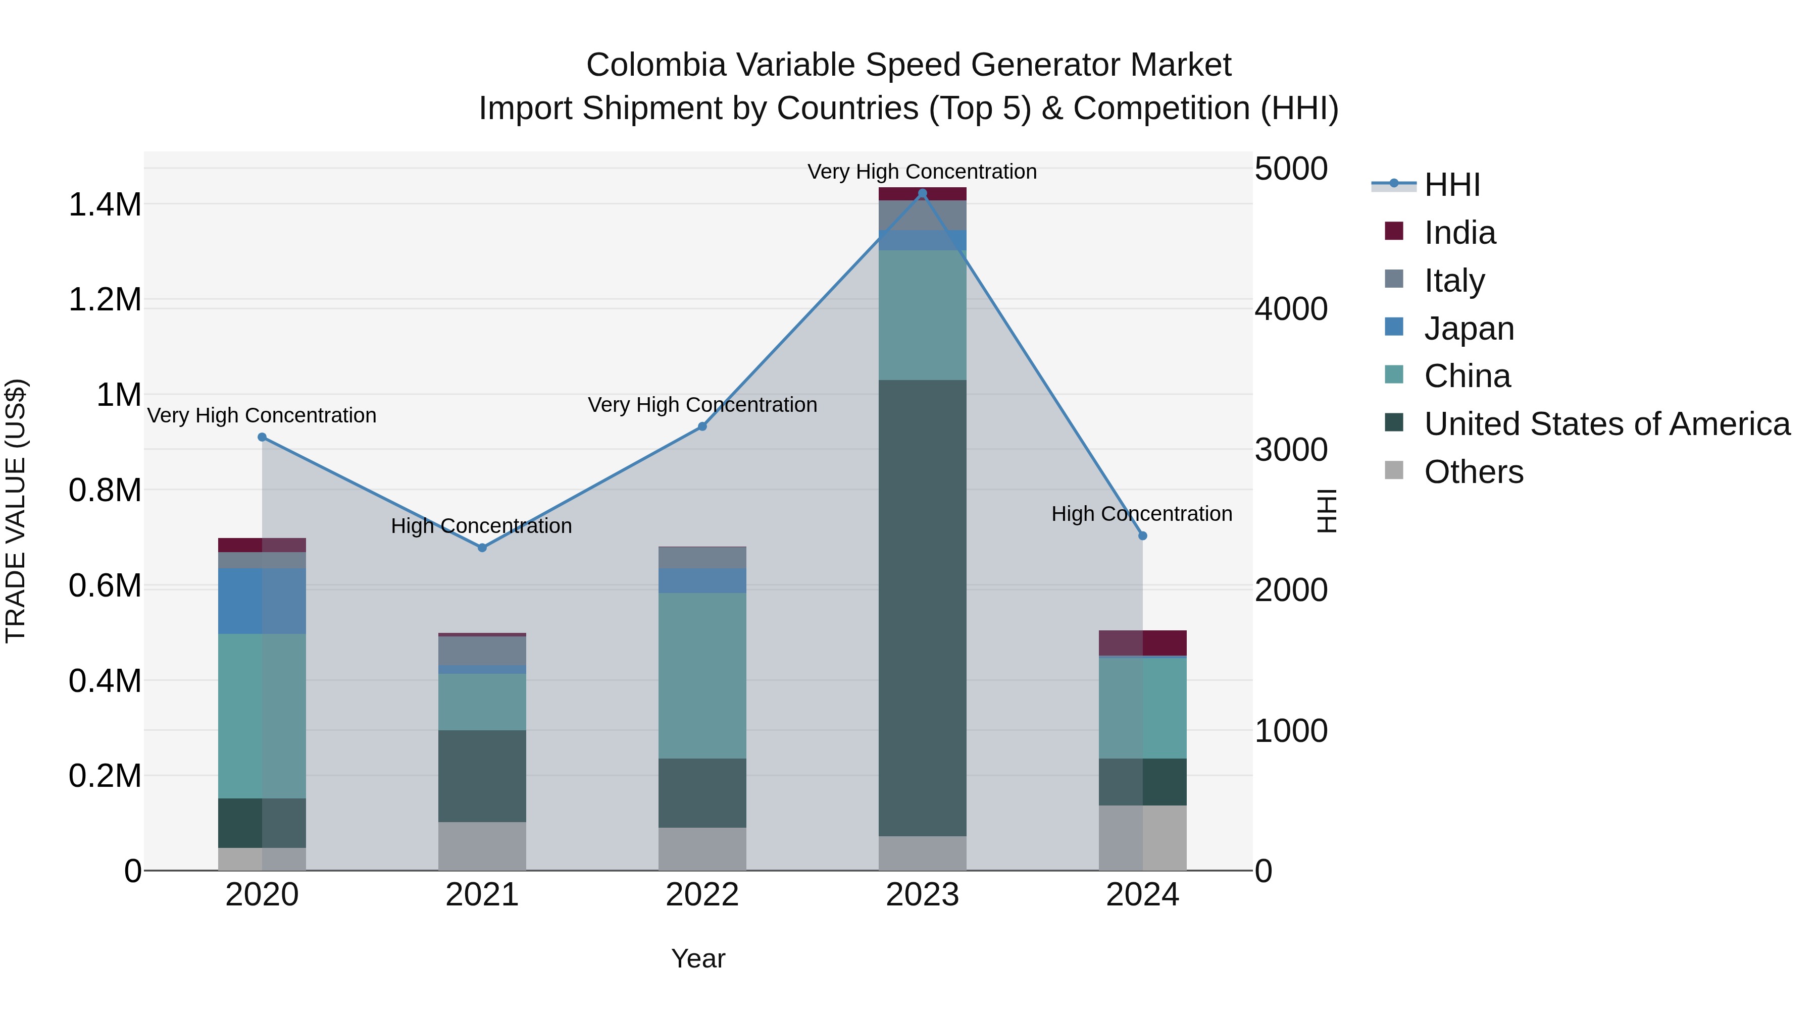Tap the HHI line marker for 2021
(482, 548)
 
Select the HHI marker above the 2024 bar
(1143, 536)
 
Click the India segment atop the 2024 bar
(1143, 642)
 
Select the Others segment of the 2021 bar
(482, 846)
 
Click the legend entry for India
(1459, 233)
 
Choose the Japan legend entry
(1468, 329)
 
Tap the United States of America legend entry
(1606, 424)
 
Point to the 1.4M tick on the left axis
(105, 204)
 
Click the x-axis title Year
(698, 958)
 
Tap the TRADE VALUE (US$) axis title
(16, 511)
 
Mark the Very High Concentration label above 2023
(922, 172)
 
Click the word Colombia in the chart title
(655, 65)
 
